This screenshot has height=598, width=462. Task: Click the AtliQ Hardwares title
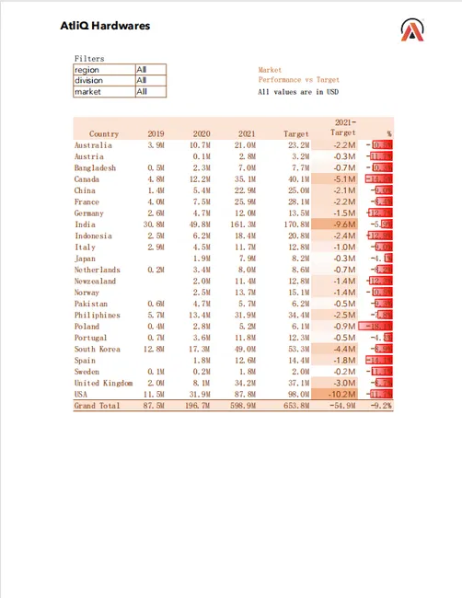click(x=104, y=26)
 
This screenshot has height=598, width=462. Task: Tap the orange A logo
click(x=413, y=30)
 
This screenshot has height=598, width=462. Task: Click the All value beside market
click(x=142, y=92)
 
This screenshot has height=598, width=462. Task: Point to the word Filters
click(x=89, y=58)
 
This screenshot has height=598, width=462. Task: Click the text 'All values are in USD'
click(x=299, y=92)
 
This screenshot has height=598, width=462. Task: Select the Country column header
click(x=104, y=134)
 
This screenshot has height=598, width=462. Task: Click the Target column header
click(x=295, y=134)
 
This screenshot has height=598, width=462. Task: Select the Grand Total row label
click(x=98, y=406)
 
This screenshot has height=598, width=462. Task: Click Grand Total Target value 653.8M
click(x=295, y=406)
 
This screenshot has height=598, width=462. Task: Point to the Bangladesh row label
click(x=96, y=168)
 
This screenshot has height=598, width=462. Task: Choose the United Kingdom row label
click(x=103, y=383)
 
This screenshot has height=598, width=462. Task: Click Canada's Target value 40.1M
click(x=296, y=179)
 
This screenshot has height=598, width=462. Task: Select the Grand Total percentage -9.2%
click(x=380, y=406)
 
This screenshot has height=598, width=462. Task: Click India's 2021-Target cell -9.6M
click(x=343, y=224)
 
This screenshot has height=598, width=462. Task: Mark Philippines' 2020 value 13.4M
click(x=200, y=315)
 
